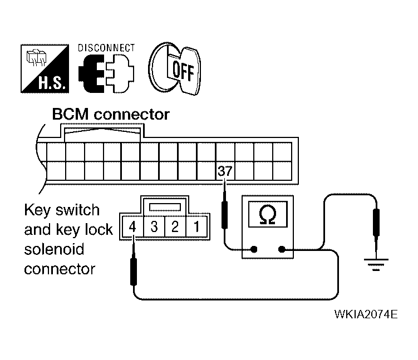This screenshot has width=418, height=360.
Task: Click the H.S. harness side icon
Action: (x=45, y=69)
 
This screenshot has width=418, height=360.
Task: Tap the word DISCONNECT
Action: (x=106, y=48)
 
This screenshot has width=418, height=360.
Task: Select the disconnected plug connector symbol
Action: (x=106, y=73)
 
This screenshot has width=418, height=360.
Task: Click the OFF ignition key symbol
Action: (x=175, y=69)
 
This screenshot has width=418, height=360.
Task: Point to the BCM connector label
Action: (x=111, y=115)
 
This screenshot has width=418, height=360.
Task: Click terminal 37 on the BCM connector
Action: (x=225, y=171)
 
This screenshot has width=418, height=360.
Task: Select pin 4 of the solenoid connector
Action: (x=132, y=227)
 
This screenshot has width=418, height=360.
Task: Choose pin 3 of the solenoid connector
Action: (x=154, y=227)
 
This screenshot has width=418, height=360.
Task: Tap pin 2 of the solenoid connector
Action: (x=175, y=227)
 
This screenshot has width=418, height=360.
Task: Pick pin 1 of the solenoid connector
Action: (x=196, y=227)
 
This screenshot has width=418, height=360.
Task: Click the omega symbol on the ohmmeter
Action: (x=268, y=215)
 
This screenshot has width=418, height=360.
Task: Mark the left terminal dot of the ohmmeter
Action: (x=254, y=249)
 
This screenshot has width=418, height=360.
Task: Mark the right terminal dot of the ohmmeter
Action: (x=281, y=249)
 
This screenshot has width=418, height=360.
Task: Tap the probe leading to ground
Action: (x=376, y=229)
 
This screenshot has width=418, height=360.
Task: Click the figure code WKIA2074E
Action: (x=366, y=314)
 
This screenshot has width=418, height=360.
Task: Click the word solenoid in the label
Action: (x=54, y=249)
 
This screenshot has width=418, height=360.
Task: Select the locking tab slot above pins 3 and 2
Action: (x=165, y=207)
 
